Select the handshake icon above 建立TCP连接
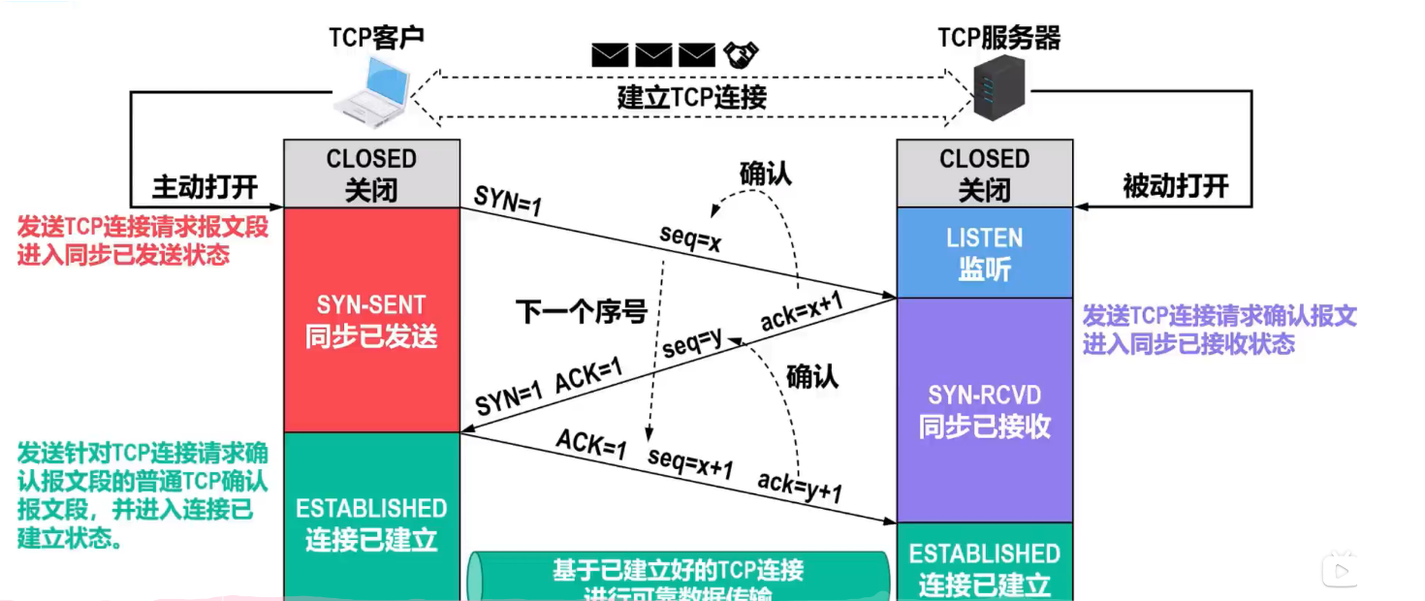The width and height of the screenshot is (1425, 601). [741, 54]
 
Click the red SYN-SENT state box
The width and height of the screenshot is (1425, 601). [371, 320]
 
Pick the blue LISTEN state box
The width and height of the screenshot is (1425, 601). [984, 252]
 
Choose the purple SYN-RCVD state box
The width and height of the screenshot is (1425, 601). [984, 410]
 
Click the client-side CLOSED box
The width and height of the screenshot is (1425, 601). [371, 174]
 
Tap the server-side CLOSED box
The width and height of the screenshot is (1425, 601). [984, 174]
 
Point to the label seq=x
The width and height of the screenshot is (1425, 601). [691, 239]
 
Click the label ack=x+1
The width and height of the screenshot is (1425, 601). [801, 311]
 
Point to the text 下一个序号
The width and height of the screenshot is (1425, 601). [581, 312]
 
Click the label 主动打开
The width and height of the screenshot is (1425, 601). [205, 186]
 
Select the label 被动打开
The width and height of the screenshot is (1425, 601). [1175, 186]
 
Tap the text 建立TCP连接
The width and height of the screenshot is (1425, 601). [691, 98]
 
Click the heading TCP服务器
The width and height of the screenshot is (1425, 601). [998, 38]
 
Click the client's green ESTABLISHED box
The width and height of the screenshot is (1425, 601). [371, 523]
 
